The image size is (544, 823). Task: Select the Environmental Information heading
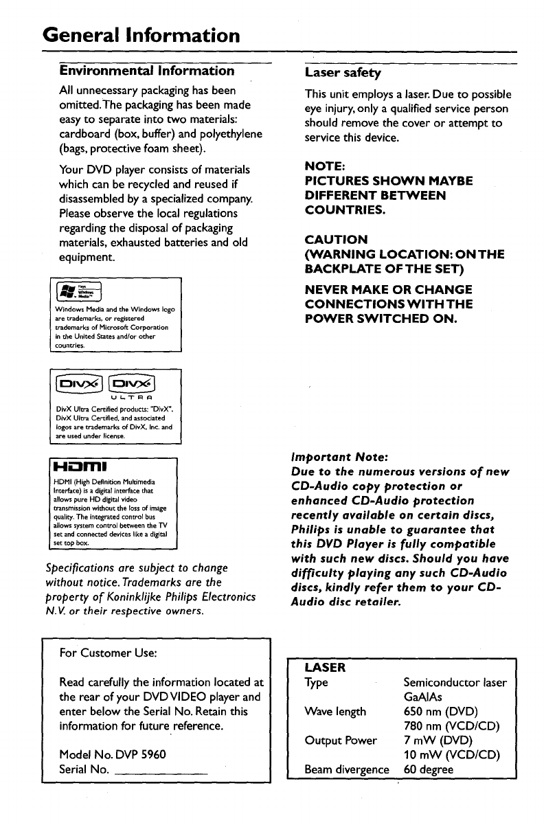(146, 70)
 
